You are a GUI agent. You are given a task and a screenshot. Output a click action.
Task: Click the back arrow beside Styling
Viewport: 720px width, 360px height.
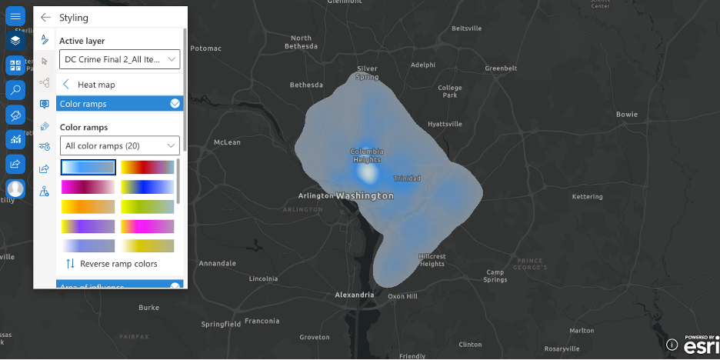tap(46, 17)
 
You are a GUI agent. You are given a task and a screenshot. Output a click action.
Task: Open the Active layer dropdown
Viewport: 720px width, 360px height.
tap(119, 58)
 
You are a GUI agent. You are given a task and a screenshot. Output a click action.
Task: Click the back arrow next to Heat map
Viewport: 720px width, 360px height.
tap(66, 85)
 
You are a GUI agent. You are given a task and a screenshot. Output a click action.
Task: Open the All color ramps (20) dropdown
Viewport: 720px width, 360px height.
tap(119, 145)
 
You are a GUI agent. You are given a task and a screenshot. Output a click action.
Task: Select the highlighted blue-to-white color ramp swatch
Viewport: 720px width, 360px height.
tap(88, 167)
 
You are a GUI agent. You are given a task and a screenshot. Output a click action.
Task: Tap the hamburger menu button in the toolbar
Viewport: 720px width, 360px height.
tap(15, 16)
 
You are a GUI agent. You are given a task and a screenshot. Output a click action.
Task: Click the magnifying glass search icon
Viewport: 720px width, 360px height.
tap(15, 90)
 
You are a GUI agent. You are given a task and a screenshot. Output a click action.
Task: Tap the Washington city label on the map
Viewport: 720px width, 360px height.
tap(365, 196)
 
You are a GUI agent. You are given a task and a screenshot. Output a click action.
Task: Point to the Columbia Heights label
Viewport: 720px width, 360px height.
tap(367, 155)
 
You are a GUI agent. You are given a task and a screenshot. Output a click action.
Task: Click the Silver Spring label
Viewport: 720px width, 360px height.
tap(367, 73)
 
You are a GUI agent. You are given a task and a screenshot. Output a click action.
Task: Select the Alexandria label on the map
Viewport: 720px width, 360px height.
tap(355, 295)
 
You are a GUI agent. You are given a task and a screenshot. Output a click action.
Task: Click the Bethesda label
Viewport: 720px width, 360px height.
tap(307, 85)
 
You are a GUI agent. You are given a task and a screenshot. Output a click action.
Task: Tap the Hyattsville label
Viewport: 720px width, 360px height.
tap(445, 123)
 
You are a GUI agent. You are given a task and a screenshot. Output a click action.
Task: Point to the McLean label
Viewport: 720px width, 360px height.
tap(227, 142)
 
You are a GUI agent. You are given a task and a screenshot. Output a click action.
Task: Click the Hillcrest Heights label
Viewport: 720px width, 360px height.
tap(432, 260)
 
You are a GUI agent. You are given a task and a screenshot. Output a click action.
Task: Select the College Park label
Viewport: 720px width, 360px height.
tap(450, 92)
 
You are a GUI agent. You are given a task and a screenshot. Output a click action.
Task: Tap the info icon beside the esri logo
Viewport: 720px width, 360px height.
tap(672, 345)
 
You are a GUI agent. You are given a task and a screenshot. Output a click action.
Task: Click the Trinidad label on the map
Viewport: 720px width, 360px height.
tap(407, 178)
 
